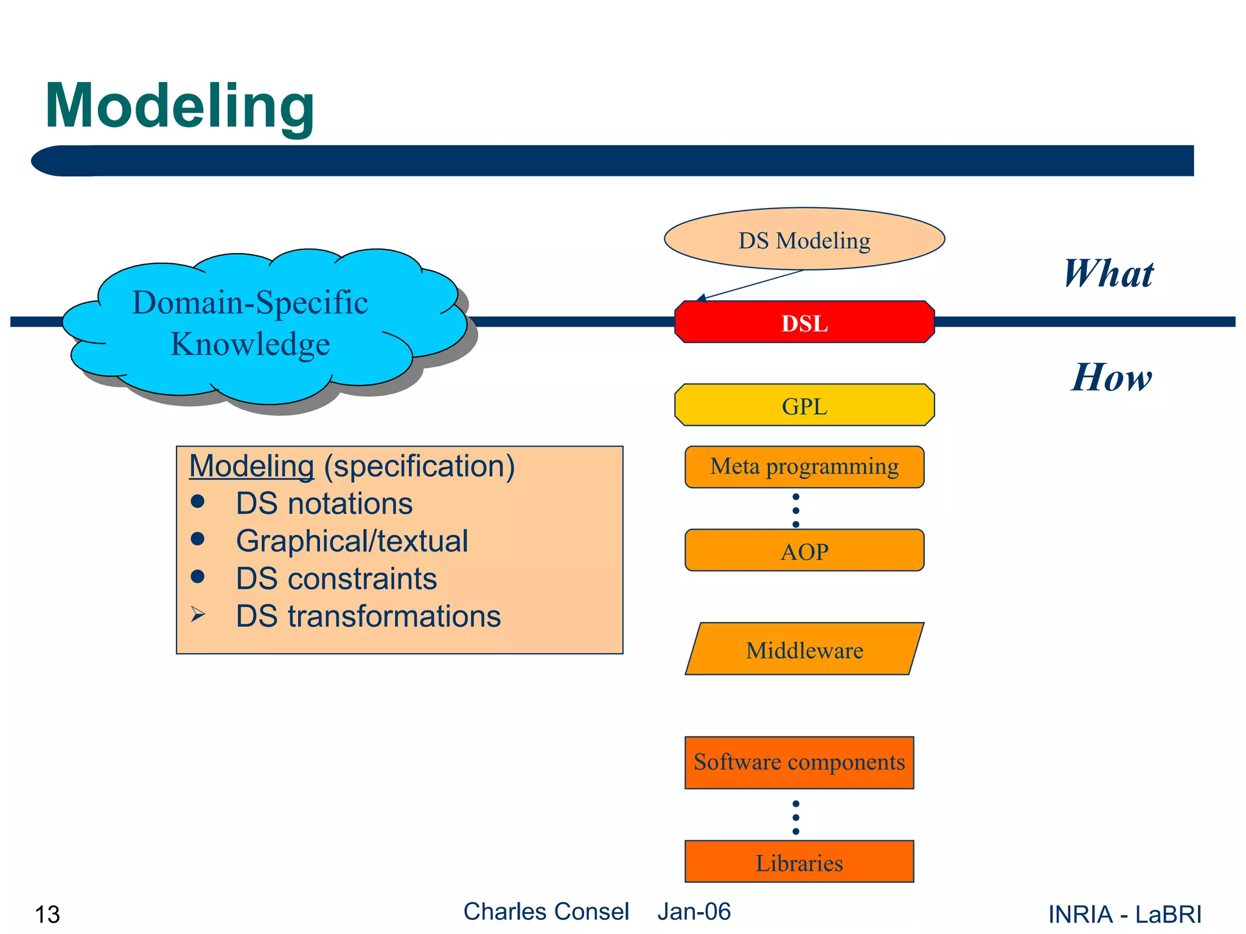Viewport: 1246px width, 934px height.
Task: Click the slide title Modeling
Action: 179,106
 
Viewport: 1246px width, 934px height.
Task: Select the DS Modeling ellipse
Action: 804,240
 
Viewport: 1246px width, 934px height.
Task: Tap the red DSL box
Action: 804,322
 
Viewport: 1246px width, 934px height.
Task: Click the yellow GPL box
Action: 804,406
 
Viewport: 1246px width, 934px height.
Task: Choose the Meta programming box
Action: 804,467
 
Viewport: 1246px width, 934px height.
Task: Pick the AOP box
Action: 804,551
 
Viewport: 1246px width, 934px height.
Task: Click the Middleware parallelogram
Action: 804,649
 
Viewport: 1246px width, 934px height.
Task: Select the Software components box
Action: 799,763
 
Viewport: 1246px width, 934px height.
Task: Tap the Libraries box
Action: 799,862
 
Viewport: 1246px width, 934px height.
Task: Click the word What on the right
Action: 1108,274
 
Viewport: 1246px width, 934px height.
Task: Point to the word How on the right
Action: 1111,378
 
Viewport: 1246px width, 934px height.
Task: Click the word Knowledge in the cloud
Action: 250,344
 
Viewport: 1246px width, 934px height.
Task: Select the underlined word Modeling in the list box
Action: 251,466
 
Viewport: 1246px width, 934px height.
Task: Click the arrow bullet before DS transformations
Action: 198,615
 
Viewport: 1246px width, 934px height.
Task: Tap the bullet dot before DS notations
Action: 197,502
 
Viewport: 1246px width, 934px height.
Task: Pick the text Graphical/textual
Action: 352,541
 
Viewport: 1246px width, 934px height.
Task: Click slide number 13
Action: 47,914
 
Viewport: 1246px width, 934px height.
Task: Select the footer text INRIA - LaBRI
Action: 1124,914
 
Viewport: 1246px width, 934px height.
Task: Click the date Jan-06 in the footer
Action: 694,912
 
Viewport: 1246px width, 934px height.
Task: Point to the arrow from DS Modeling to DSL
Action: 751,285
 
